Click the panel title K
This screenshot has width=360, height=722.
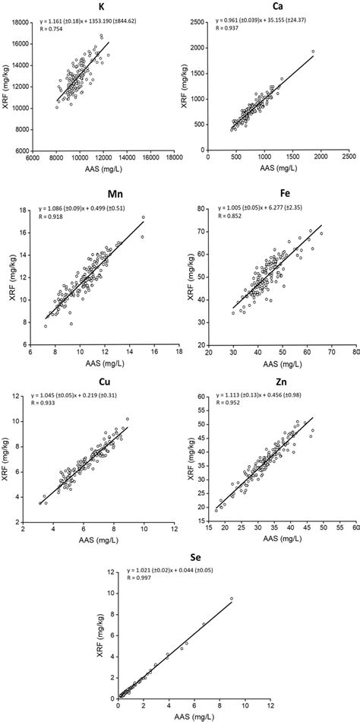pyautogui.click(x=101, y=6)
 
